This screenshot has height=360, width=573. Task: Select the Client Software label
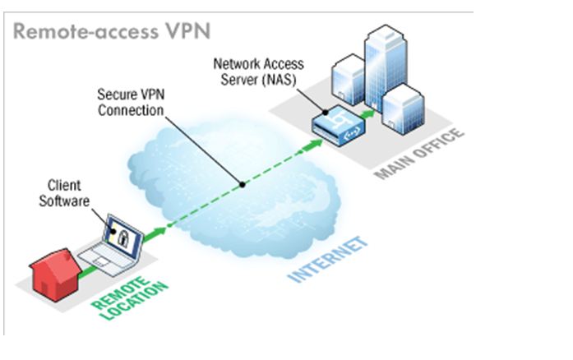(x=63, y=193)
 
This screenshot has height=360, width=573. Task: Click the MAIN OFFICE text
(x=420, y=154)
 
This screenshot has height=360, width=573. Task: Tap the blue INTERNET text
(x=327, y=259)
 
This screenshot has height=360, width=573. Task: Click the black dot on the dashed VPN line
(x=242, y=184)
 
